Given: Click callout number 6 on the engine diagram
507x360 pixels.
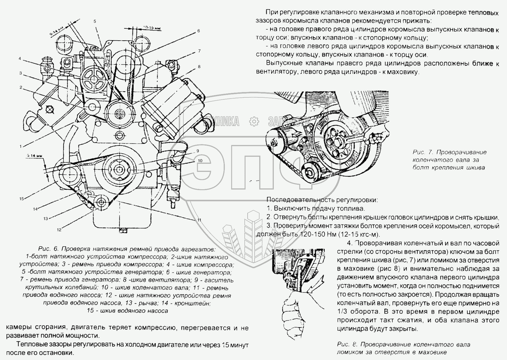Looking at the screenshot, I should [198, 31].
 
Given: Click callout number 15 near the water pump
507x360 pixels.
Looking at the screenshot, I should [22, 199].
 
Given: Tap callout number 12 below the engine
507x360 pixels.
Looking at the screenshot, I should [59, 230].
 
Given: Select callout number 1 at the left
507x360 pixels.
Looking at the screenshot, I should [20, 146].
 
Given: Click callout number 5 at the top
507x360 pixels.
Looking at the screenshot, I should [95, 21].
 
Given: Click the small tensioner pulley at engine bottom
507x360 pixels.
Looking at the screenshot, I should [100, 202].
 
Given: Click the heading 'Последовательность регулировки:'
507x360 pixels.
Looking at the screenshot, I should [322, 200].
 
